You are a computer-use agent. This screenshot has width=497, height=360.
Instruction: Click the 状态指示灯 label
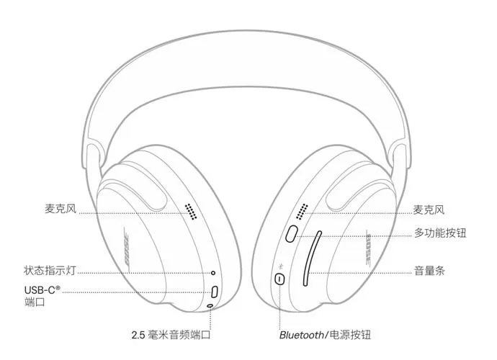pos(50,271)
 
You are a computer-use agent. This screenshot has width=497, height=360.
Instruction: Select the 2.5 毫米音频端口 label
pos(171,335)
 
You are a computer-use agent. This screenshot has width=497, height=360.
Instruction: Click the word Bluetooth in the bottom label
pos(301,335)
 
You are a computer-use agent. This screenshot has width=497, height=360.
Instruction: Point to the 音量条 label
pos(429,271)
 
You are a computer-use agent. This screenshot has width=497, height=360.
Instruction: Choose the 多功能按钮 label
pos(440,233)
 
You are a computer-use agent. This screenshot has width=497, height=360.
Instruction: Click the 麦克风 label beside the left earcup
pos(61,209)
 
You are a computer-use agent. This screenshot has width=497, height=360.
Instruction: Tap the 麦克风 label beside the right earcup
pos(429,210)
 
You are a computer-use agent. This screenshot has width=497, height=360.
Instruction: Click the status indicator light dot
pos(213,273)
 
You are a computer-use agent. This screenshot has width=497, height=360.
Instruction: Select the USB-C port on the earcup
pos(215,292)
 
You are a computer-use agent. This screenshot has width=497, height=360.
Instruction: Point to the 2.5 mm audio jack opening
pos(210,305)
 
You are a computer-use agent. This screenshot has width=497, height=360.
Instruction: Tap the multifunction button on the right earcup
pos(291,233)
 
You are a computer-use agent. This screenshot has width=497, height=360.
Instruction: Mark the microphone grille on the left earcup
pos(191,212)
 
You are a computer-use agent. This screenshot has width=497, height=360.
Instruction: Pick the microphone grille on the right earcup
pos(302,212)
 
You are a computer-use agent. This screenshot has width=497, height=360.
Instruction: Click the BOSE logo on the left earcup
pos(127,250)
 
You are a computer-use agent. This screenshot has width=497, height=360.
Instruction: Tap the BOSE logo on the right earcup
pos(369,249)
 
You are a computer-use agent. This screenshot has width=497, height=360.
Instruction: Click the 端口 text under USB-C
pos(35,302)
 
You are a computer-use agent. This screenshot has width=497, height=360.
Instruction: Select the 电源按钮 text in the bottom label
pos(350,335)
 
